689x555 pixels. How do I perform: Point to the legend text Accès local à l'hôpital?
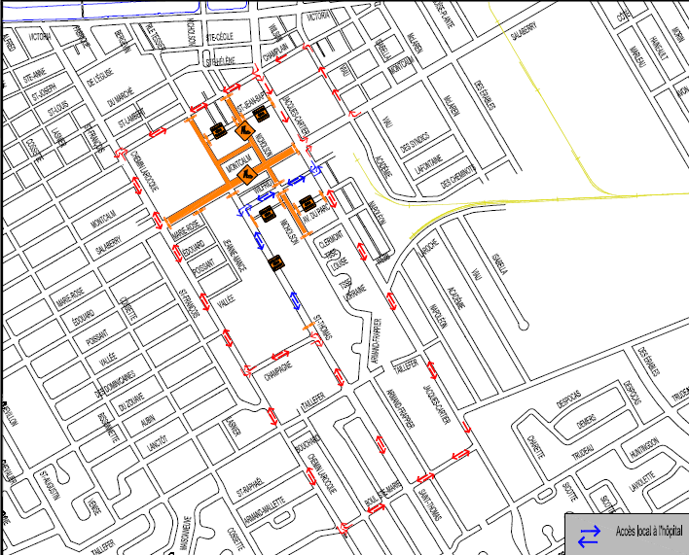click(648, 531)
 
